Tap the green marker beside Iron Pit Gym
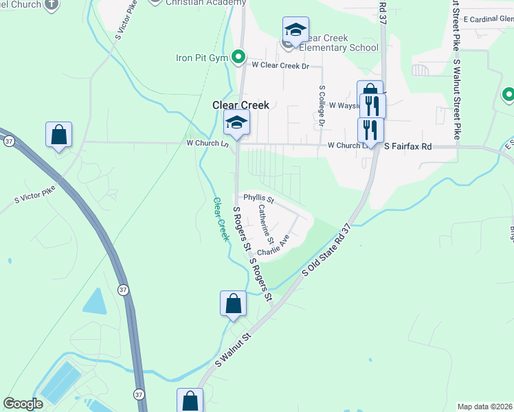[238, 56]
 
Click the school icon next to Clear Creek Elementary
[295, 31]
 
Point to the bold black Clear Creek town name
[240, 105]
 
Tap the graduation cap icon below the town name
[236, 124]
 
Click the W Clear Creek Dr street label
[281, 66]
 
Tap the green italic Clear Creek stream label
[221, 219]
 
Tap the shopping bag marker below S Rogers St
[233, 304]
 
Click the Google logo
[23, 403]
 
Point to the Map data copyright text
[485, 407]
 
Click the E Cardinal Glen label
[488, 19]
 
